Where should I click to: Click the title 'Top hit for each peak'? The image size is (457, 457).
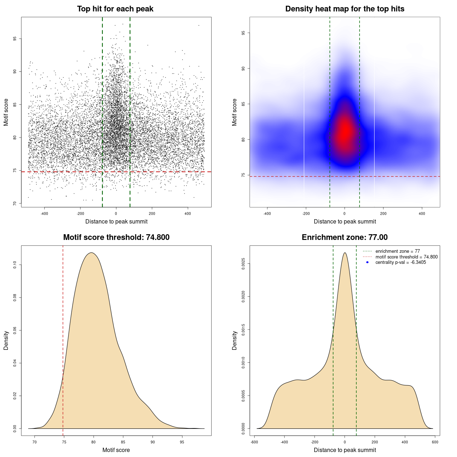[115, 9]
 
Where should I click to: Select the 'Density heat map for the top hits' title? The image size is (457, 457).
[345, 9]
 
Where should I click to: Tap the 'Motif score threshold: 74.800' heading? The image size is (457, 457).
[116, 237]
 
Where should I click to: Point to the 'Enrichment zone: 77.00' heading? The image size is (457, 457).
[345, 237]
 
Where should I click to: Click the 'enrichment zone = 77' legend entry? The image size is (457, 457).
[397, 251]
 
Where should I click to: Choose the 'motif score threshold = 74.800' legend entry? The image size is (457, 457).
[406, 257]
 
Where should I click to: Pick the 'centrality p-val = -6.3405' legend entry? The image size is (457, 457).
[401, 262]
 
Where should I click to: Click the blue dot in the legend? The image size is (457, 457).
[367, 262]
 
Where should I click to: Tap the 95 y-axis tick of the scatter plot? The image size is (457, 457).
[15, 39]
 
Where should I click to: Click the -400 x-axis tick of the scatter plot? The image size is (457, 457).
[44, 214]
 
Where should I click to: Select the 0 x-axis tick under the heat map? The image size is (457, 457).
[345, 214]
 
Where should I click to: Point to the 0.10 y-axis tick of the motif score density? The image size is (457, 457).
[15, 265]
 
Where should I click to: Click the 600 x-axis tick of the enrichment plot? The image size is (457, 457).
[435, 442]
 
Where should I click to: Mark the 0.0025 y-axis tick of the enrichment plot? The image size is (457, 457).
[243, 264]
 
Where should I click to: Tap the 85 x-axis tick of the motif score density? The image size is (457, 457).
[123, 442]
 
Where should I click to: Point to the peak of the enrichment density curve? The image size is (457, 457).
[345, 253]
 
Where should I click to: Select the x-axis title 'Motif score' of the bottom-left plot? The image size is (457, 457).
[116, 450]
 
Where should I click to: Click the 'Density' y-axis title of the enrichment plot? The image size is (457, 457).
[235, 340]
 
